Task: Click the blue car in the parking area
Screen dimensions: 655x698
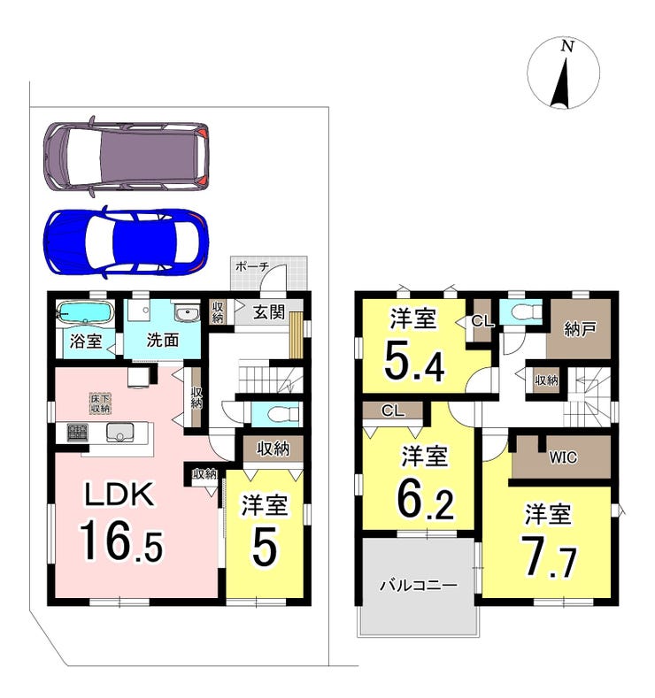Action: click(x=126, y=242)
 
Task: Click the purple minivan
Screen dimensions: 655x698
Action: click(x=126, y=157)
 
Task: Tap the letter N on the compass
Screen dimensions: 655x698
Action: click(x=566, y=46)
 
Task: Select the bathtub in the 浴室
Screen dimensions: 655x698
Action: click(x=85, y=312)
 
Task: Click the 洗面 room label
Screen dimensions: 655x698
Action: click(x=163, y=341)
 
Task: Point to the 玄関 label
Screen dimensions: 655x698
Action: click(x=269, y=312)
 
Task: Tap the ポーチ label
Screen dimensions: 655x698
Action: click(x=252, y=266)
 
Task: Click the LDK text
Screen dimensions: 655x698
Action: click(x=119, y=495)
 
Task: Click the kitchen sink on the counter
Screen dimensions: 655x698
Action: click(x=119, y=432)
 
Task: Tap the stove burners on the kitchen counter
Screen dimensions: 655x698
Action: click(x=78, y=433)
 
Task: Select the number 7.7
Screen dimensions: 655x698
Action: click(x=549, y=556)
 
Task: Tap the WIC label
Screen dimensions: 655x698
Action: click(x=563, y=457)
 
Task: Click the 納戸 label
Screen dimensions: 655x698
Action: click(x=579, y=329)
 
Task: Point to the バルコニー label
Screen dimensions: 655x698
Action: click(x=418, y=585)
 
